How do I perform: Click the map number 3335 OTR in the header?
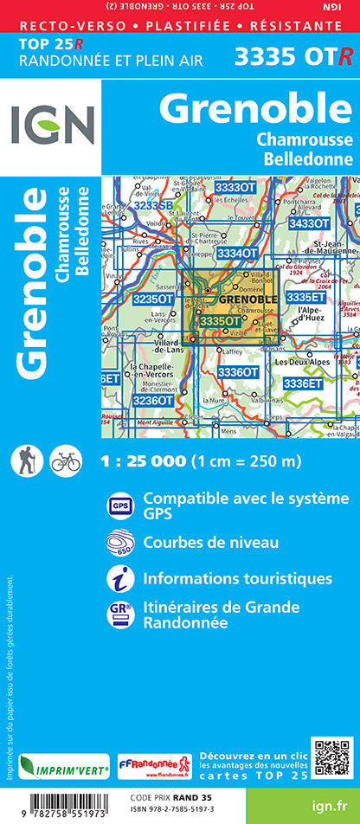[x=293, y=57]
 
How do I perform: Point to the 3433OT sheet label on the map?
[x=309, y=223]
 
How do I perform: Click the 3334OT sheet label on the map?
[x=236, y=253]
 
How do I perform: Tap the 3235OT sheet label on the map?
[x=152, y=299]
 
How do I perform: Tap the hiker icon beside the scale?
[x=27, y=461]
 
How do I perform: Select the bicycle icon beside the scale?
[x=66, y=461]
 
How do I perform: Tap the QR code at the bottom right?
[x=332, y=758]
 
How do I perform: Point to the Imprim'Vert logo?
[x=63, y=766]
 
